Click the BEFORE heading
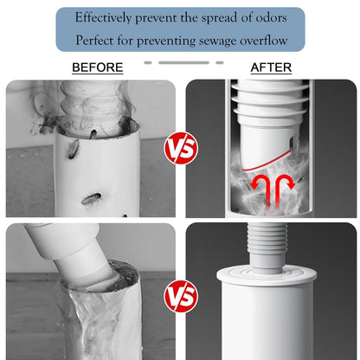[98, 67]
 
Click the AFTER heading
[271, 67]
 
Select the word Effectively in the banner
[103, 18]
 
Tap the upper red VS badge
[181, 148]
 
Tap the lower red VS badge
[181, 296]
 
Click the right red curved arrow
[283, 188]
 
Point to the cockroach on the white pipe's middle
[91, 199]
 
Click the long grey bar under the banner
[183, 62]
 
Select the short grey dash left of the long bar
[148, 62]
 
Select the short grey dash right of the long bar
[220, 62]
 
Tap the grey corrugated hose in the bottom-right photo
[267, 247]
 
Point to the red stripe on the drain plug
[267, 161]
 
